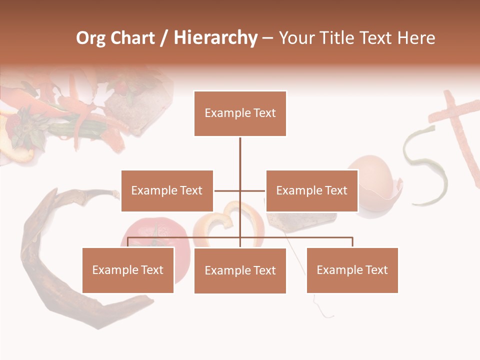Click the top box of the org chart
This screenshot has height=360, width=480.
[240, 113]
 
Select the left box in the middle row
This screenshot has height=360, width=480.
[167, 190]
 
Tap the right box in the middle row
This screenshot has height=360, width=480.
[311, 190]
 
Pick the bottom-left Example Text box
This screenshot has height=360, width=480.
[128, 270]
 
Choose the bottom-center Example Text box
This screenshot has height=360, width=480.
[240, 270]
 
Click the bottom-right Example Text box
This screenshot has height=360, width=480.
[352, 270]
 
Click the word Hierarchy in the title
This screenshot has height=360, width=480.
[215, 38]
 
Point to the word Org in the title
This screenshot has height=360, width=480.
[90, 38]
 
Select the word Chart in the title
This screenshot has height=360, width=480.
[132, 38]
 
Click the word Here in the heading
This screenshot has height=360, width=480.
[415, 38]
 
